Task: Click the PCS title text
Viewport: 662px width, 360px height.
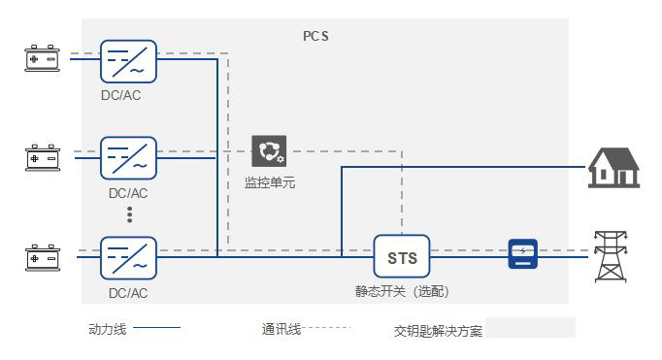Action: [x=316, y=36]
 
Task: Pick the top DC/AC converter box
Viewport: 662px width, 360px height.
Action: [x=129, y=60]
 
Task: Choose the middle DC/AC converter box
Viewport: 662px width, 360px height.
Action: [x=129, y=158]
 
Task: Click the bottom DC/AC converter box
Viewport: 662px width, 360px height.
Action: [x=129, y=257]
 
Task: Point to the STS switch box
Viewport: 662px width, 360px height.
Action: [x=402, y=257]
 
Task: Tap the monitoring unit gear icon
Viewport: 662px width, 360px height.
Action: [x=269, y=151]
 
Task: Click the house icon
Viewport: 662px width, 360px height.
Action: [x=613, y=167]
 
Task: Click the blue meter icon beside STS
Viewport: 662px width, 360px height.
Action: [x=523, y=254]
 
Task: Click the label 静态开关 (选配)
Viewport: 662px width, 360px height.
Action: [x=402, y=290]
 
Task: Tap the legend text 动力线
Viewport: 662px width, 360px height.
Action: [x=107, y=330]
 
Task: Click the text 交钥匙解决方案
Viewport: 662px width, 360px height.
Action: [x=438, y=331]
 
